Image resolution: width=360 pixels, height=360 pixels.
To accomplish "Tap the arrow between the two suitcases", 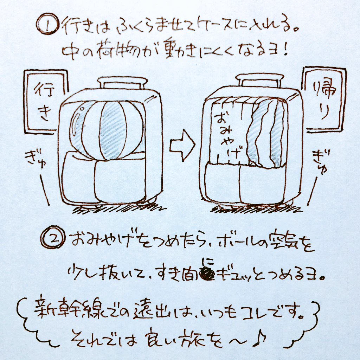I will (x=182, y=145).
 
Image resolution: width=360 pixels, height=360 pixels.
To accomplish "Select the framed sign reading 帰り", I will (x=323, y=98).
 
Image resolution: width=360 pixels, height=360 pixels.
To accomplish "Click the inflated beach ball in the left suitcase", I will (x=109, y=128).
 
